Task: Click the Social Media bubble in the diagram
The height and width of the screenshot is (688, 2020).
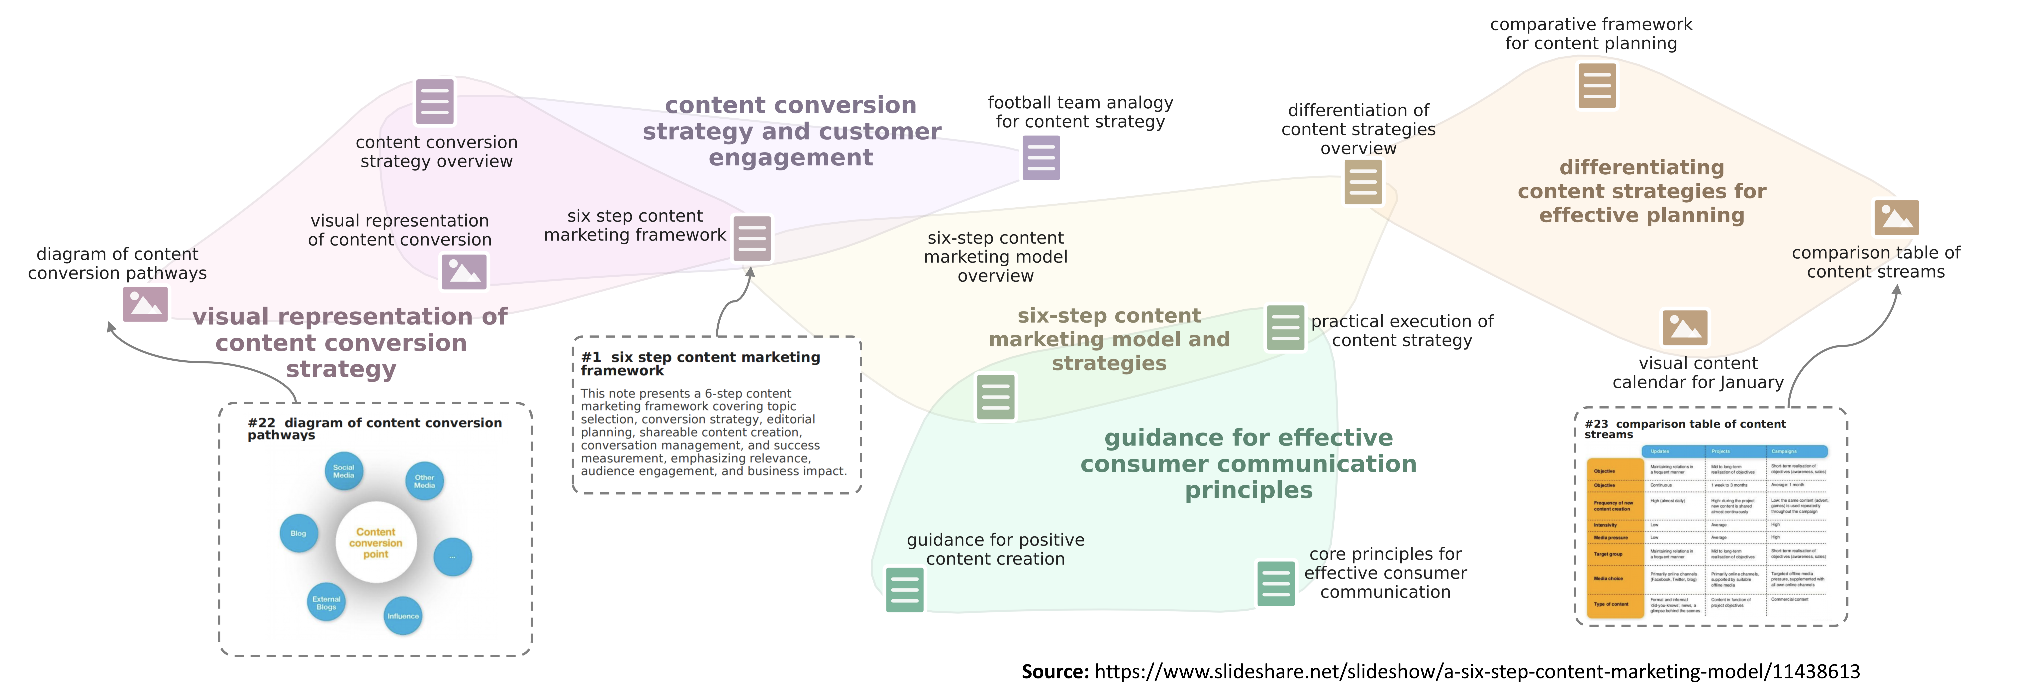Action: pyautogui.click(x=343, y=471)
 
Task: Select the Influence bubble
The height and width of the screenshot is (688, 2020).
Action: pyautogui.click(x=403, y=616)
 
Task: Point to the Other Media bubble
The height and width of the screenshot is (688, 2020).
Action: pyautogui.click(x=424, y=481)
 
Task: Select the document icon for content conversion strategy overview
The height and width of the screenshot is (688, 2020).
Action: pyautogui.click(x=434, y=101)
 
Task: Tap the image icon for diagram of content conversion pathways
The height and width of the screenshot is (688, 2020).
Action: pyautogui.click(x=145, y=304)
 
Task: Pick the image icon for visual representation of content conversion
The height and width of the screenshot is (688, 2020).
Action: pyautogui.click(x=464, y=271)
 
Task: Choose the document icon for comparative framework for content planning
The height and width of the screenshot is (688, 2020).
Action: pyautogui.click(x=1597, y=85)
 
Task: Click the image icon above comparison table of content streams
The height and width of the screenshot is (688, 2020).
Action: pyautogui.click(x=1896, y=217)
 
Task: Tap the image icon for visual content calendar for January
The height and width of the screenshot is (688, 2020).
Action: pyautogui.click(x=1684, y=327)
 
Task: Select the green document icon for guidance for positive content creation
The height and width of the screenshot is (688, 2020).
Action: pyautogui.click(x=904, y=589)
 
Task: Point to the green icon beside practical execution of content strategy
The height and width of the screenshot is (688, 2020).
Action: pyautogui.click(x=1285, y=327)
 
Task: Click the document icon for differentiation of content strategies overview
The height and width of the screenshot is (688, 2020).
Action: pyautogui.click(x=1363, y=182)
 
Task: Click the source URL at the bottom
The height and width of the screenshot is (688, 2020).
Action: pyautogui.click(x=1477, y=672)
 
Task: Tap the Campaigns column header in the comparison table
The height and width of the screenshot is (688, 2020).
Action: pyautogui.click(x=1796, y=451)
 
